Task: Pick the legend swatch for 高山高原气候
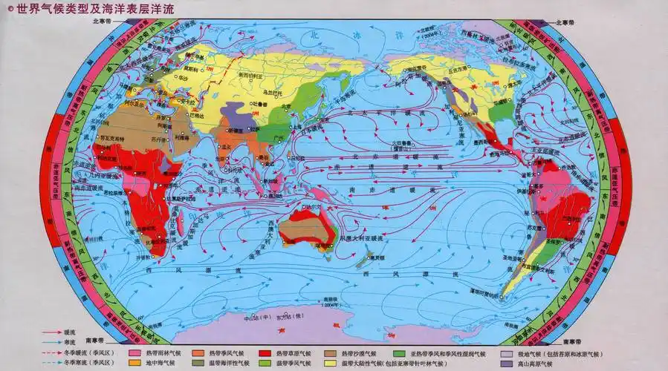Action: [507, 364]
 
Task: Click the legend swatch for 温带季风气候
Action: [264, 364]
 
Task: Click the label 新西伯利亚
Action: [251, 76]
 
